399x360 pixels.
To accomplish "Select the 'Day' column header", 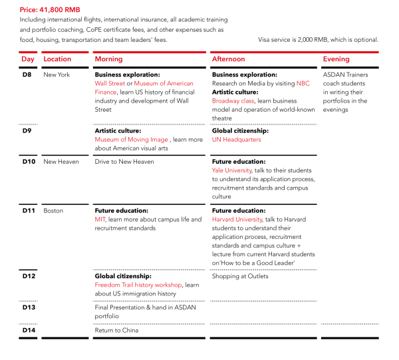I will (x=28, y=59).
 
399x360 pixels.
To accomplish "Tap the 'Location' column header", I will (x=57, y=59).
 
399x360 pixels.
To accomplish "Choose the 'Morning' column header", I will (x=109, y=59).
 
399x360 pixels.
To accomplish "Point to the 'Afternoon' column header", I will (x=229, y=59).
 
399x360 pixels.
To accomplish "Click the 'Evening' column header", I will (x=336, y=59).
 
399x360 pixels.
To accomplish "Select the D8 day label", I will (x=27, y=75).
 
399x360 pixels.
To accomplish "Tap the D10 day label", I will (x=29, y=162).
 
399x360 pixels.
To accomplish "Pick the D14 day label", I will (x=29, y=330).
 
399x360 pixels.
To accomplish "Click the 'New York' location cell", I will (x=57, y=75).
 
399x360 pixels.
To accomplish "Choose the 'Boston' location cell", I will (x=53, y=211).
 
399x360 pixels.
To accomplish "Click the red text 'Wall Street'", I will (x=110, y=84).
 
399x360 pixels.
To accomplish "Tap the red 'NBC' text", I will (x=303, y=84).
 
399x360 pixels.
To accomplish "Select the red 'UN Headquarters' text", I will (x=237, y=140).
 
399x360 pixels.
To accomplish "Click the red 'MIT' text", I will (x=100, y=220).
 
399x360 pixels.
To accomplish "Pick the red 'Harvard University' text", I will (x=237, y=220).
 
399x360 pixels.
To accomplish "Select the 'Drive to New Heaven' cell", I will (x=124, y=162).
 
